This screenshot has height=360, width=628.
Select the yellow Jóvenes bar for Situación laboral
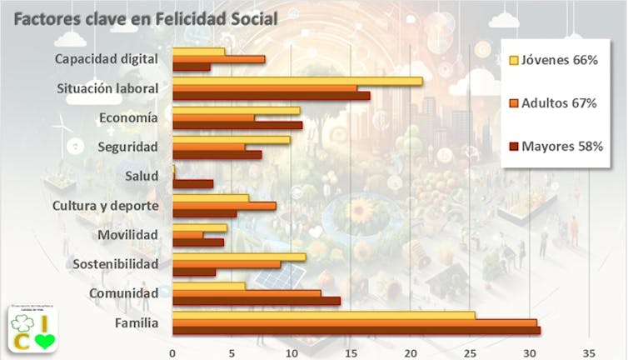297,81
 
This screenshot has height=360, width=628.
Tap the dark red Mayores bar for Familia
356,331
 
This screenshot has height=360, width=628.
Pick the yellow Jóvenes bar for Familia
323,315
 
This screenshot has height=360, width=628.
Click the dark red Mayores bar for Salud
192,183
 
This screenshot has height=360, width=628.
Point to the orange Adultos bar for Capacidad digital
218,59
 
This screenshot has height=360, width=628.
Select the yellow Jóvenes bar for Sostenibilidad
238,257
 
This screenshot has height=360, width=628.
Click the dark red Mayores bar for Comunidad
256,301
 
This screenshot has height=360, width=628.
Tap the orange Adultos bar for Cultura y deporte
223,206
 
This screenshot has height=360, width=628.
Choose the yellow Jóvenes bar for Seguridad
231,140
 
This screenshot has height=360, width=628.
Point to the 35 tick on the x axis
590,351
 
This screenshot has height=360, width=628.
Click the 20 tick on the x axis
411,351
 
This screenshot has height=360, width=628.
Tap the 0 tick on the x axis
172,351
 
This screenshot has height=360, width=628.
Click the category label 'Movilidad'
127,235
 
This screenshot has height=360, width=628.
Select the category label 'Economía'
128,117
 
